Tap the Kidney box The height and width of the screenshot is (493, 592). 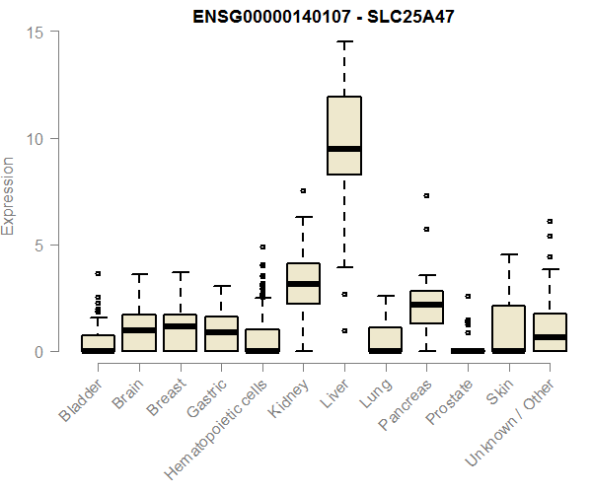(303, 284)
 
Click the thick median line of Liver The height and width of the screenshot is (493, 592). (344, 149)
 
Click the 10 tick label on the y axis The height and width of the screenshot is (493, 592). (36, 138)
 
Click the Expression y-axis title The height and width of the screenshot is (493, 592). (9, 195)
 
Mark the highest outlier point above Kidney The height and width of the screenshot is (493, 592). (303, 190)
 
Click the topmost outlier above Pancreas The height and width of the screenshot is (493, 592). (426, 195)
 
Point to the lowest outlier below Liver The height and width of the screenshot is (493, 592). (344, 330)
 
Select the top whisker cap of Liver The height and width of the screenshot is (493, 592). (344, 41)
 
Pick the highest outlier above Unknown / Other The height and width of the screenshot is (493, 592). (551, 221)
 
